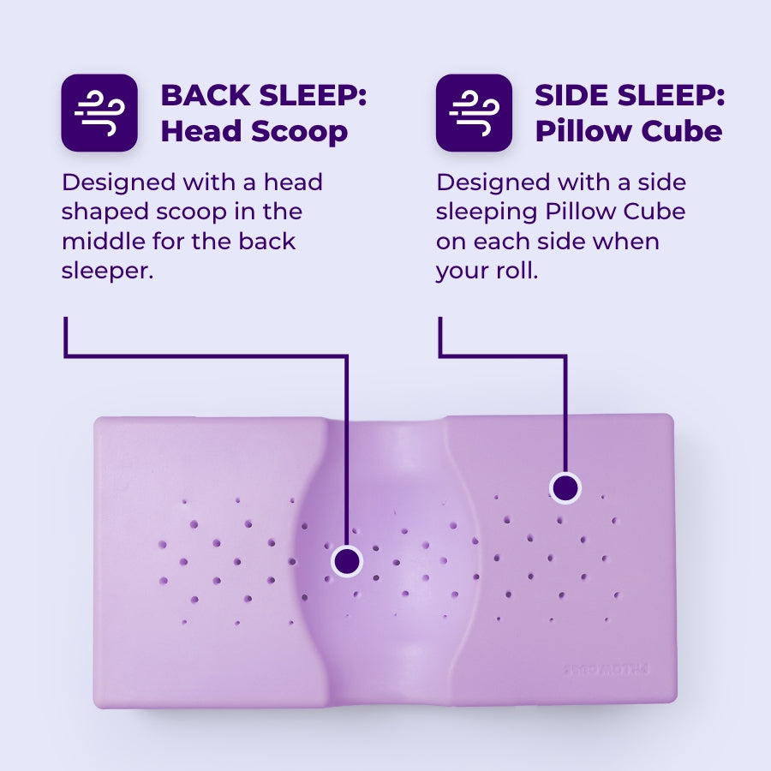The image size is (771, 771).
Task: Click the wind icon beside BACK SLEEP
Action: click(x=99, y=112)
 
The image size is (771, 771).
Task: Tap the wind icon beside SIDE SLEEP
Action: click(x=474, y=112)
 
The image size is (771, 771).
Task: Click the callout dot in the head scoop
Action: click(x=346, y=561)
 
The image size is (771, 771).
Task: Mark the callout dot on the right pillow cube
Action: click(x=565, y=488)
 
